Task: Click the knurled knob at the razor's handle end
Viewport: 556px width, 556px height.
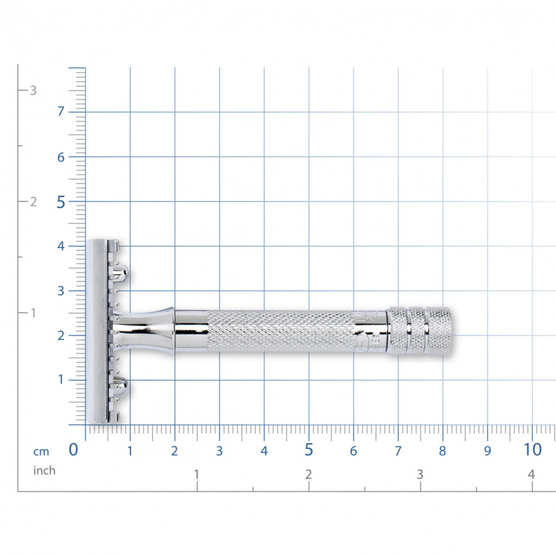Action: point(421,330)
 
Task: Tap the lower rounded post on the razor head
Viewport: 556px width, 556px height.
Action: point(119,387)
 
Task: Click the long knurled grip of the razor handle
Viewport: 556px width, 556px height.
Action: point(282,331)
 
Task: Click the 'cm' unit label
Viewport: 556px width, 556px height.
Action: point(41,451)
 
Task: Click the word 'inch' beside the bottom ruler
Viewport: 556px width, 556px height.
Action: point(44,471)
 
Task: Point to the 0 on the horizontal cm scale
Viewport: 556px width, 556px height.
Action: point(74,450)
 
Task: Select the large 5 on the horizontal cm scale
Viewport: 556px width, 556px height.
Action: point(309,450)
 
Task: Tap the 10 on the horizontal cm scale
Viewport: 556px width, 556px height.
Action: point(533,450)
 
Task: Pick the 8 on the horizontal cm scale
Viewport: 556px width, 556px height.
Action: point(442,451)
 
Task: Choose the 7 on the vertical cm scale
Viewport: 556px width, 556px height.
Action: point(61,112)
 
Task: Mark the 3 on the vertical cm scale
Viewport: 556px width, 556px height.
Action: point(61,291)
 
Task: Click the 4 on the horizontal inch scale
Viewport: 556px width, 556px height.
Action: point(531,474)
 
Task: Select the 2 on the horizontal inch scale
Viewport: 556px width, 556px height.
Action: point(308,474)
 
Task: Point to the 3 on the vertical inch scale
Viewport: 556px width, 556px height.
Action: point(33,90)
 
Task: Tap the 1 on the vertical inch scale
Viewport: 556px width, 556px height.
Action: point(33,313)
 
